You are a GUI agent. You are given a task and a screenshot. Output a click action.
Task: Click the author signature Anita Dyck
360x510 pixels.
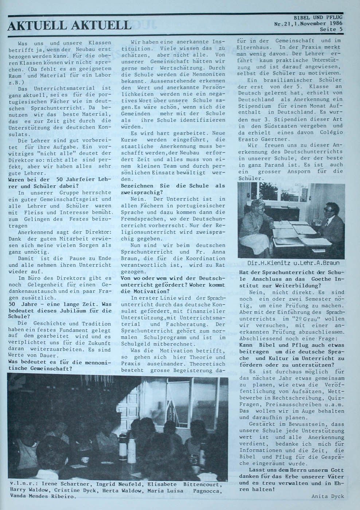(x=328, y=496)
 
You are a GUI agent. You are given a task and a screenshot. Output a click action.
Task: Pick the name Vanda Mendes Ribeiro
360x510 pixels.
(x=43, y=496)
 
